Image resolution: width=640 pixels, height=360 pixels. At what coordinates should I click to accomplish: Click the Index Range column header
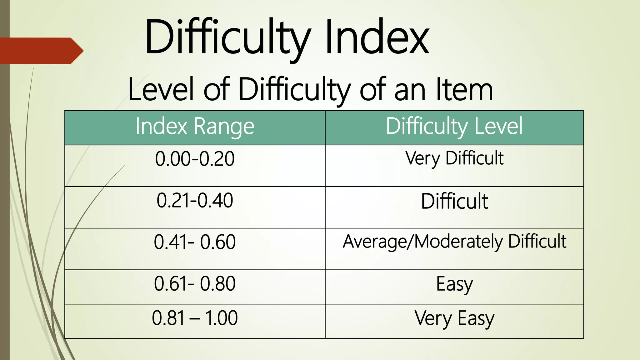point(195,127)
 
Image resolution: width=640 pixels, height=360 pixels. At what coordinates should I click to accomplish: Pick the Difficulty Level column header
point(454,127)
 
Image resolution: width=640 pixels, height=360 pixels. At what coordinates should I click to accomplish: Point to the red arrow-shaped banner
point(41,51)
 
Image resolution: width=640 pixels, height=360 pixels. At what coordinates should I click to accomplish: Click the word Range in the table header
point(224,127)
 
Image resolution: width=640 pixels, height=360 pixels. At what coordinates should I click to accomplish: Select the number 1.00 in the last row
point(221,318)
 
